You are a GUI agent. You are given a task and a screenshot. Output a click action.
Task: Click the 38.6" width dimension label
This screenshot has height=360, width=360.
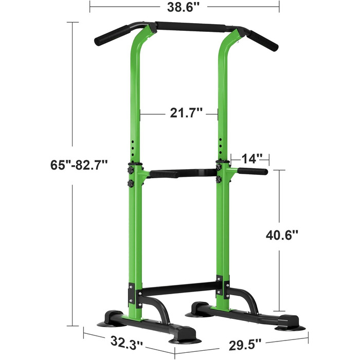point(184,7)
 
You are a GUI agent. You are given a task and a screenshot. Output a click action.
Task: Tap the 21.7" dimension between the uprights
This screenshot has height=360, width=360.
point(186,113)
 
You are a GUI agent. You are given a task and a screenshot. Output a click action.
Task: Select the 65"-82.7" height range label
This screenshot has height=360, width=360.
point(79,165)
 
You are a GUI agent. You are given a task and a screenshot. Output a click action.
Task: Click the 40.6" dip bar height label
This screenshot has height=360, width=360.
point(282,235)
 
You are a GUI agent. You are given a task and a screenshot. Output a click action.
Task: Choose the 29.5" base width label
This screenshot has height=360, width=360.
point(245,345)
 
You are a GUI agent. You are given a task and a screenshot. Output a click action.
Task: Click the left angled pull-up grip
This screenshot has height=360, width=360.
point(112,35)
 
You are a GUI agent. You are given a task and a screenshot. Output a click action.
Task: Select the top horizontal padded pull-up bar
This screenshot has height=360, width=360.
point(191,27)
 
